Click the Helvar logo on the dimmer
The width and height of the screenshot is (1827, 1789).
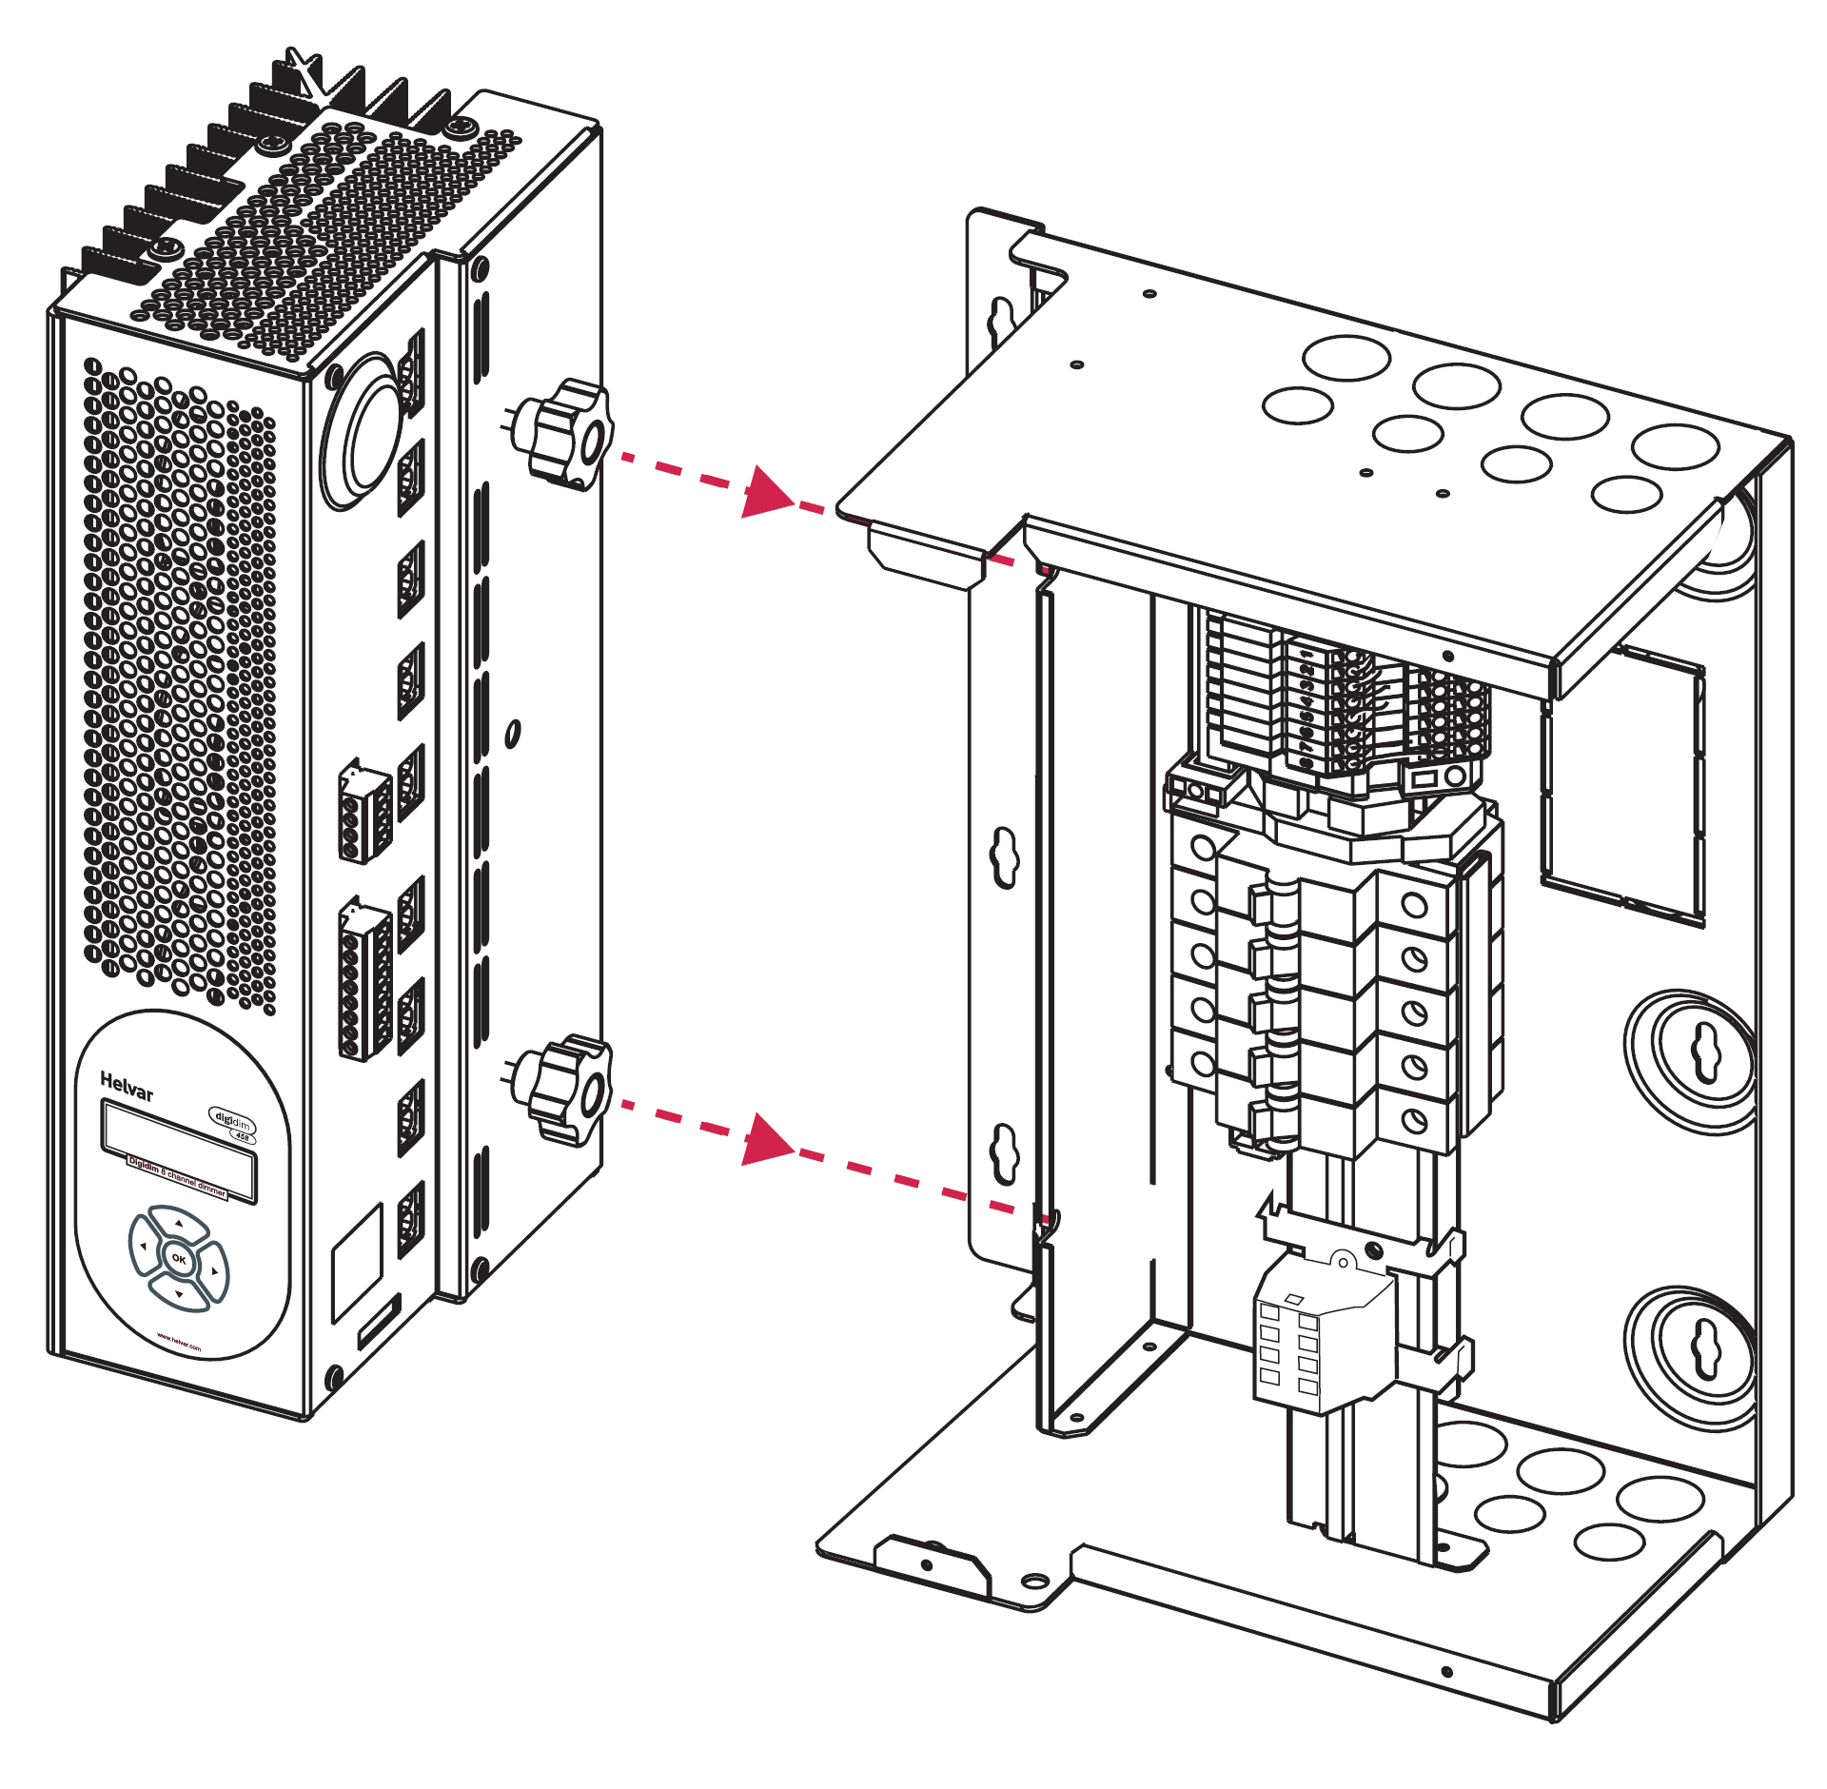coord(126,1086)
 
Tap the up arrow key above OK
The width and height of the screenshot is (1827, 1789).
coord(179,1224)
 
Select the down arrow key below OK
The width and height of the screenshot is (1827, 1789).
coord(179,1294)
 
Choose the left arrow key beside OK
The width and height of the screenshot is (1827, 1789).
coord(143,1246)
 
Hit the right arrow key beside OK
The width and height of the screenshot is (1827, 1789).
coord(215,1271)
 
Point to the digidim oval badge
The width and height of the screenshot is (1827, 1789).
coord(232,1122)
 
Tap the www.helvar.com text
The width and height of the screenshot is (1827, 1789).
coord(179,1342)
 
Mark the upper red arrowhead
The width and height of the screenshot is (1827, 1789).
coord(766,492)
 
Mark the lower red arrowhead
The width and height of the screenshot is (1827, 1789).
coord(766,1139)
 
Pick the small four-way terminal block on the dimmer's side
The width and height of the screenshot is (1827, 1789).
coord(364,815)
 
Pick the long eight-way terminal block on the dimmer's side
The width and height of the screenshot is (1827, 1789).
coord(364,980)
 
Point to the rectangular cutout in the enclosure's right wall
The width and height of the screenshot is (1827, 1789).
coord(1622,785)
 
